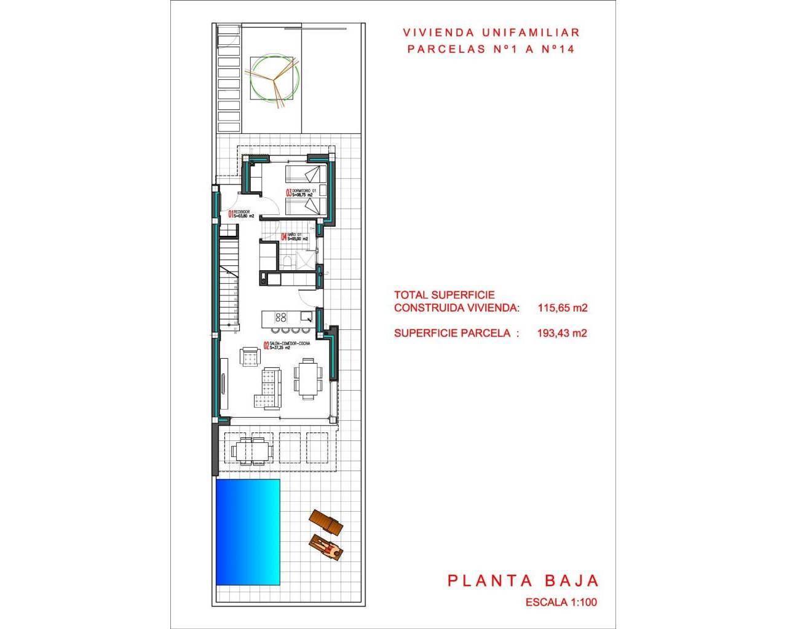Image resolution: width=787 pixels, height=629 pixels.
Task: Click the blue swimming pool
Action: coord(248,532)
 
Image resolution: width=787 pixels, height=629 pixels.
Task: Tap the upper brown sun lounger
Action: coord(326,522)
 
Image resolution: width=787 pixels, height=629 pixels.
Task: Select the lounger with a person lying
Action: coord(326,548)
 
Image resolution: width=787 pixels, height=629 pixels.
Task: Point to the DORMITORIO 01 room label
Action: coord(304,192)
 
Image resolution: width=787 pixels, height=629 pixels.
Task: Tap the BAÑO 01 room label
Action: coord(295,236)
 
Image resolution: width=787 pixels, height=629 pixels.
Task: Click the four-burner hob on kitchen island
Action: coord(280,317)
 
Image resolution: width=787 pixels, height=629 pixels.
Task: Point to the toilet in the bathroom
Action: coord(287,263)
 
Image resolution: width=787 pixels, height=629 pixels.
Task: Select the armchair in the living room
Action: coord(250,357)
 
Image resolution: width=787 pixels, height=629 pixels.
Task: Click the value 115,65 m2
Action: coord(562,308)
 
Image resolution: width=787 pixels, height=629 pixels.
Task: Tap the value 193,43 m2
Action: coord(562,333)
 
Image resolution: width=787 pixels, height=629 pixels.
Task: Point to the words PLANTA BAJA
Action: coord(523,580)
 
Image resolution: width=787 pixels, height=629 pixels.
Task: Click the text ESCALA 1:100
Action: coord(561,603)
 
